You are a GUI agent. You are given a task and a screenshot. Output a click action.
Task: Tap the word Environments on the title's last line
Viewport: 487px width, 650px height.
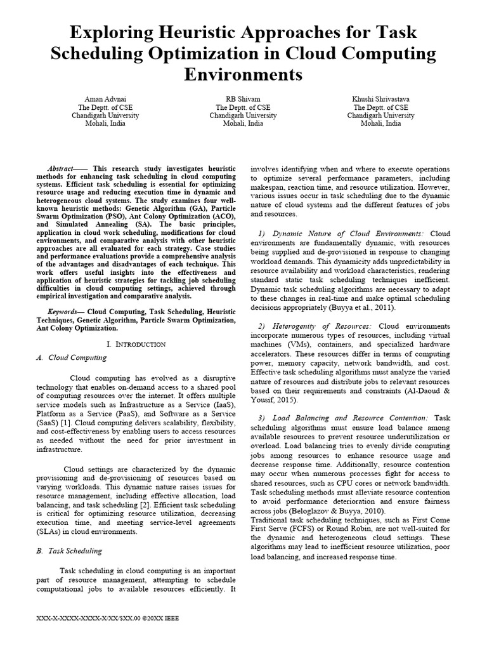243,75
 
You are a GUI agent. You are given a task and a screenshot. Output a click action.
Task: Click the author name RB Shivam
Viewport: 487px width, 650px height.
243,100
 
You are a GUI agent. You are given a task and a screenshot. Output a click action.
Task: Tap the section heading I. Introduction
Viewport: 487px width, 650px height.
136,343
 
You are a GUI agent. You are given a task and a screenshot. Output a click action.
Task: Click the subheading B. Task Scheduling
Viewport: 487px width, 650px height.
69,551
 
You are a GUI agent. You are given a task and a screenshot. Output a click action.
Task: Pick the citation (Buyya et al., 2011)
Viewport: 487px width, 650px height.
358,307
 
